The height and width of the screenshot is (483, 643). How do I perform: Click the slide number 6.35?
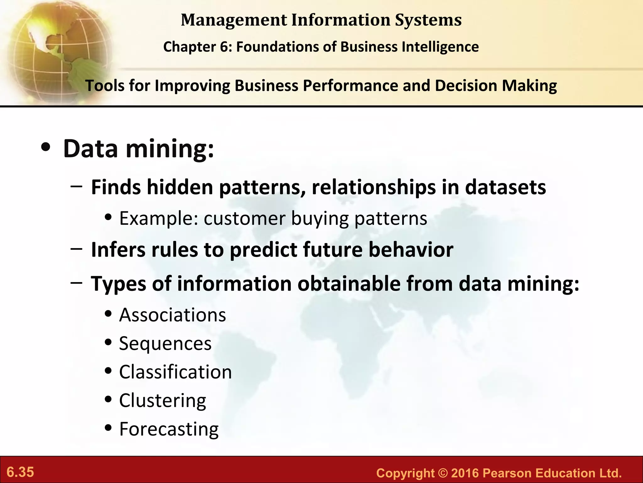pos(20,472)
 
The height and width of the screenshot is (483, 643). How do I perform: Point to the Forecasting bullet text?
pos(169,429)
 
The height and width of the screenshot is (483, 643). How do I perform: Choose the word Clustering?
pos(163,401)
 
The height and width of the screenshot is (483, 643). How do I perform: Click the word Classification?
pos(176,372)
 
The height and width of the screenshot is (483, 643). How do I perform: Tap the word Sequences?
pos(165,343)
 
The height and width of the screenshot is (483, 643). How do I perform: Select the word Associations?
pos(173,315)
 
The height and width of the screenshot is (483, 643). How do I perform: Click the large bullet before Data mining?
pos(46,148)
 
